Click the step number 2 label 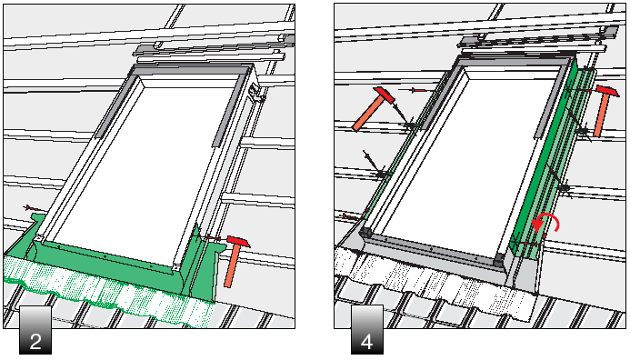(35, 330)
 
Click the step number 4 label (367, 330)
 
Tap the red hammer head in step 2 (238, 241)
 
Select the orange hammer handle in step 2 (232, 265)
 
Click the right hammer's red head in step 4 (607, 91)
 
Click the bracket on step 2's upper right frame (255, 92)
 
